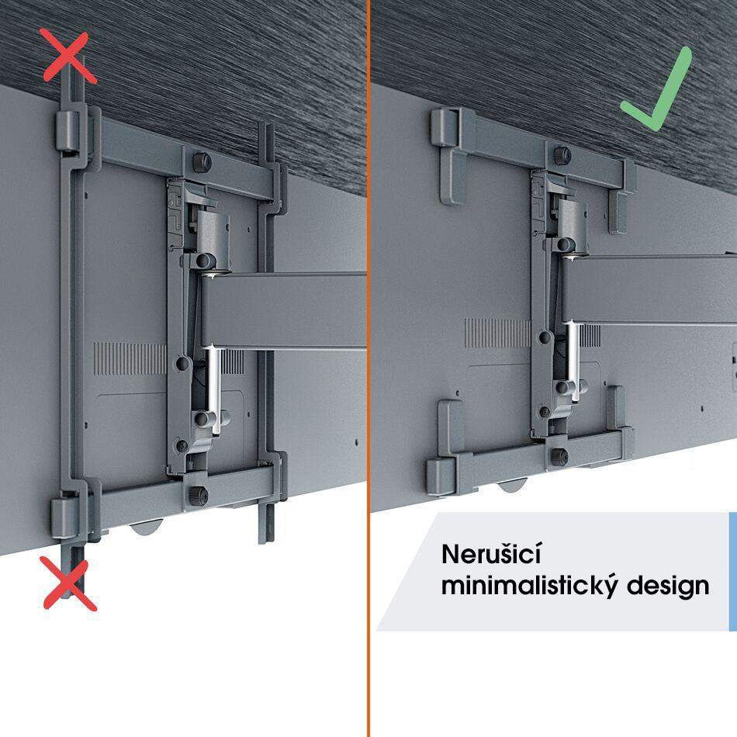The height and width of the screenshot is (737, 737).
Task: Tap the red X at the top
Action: pos(68,55)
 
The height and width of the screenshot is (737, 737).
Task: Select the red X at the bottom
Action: pos(69,583)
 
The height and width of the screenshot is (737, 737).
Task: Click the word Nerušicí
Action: pos(492,554)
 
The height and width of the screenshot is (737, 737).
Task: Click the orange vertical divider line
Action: pos(368,368)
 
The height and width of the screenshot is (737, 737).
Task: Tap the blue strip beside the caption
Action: pos(733,572)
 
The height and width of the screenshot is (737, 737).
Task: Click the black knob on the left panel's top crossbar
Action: pos(202,162)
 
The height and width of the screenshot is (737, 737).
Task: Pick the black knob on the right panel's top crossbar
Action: pos(562,156)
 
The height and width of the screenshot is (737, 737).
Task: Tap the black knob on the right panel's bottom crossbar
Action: pos(559,456)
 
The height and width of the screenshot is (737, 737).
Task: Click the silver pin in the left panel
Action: pos(215,388)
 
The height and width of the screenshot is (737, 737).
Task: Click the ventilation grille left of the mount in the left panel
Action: pos(130,358)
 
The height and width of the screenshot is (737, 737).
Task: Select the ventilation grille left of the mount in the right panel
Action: pos(498,334)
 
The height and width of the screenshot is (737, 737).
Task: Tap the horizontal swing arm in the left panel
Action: pos(283,310)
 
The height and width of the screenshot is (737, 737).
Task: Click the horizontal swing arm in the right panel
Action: pos(649,289)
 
